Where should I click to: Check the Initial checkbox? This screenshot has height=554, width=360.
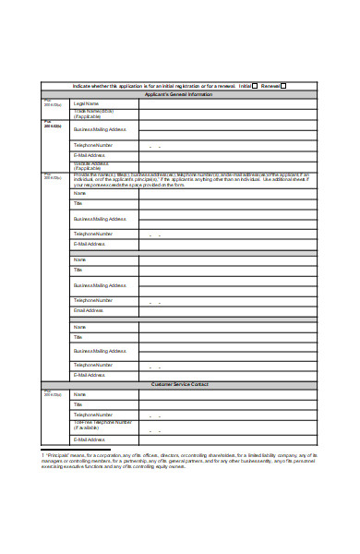pyautogui.click(x=255, y=86)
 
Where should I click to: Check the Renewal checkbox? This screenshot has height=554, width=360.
pyautogui.click(x=284, y=86)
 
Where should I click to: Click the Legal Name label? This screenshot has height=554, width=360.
pyautogui.click(x=86, y=103)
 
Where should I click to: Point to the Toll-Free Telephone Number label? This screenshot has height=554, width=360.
pyautogui.click(x=102, y=427)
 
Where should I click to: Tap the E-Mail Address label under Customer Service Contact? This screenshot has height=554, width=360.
pyautogui.click(x=90, y=440)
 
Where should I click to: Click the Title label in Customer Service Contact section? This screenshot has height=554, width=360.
pyautogui.click(x=78, y=404)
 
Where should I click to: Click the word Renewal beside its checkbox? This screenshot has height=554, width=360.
pyautogui.click(x=270, y=86)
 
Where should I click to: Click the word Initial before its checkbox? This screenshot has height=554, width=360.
pyautogui.click(x=245, y=86)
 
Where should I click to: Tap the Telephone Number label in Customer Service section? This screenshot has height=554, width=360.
pyautogui.click(x=94, y=415)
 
